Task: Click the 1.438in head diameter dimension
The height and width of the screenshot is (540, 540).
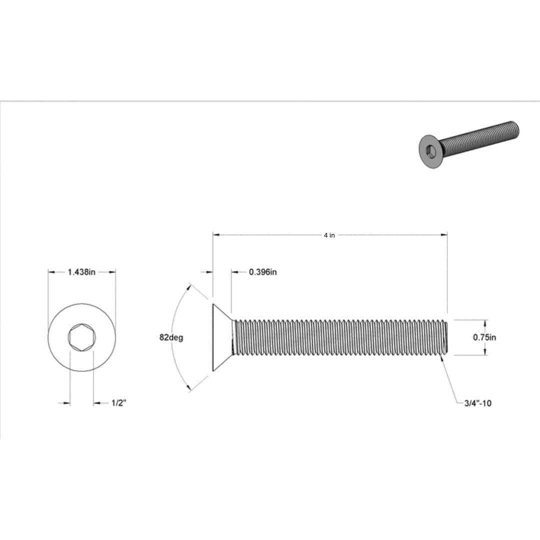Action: [x=81, y=272]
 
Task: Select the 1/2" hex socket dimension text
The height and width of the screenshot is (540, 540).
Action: [x=118, y=403]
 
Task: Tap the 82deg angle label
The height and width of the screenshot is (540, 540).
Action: [x=171, y=337]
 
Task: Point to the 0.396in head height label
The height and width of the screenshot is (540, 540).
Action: [x=262, y=272]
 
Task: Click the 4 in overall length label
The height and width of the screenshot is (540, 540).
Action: [x=329, y=235]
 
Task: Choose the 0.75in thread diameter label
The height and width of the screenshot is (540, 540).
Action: [x=484, y=337]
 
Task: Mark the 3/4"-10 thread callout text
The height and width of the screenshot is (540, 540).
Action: [x=477, y=403]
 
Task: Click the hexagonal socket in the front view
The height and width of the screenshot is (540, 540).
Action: [x=81, y=337]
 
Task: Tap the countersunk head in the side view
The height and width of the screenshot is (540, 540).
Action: [x=221, y=337]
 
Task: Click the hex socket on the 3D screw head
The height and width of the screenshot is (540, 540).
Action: [x=431, y=150]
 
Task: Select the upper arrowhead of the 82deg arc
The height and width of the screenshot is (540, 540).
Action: [x=189, y=286]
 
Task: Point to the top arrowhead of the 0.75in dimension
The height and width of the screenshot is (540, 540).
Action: [x=484, y=322]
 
